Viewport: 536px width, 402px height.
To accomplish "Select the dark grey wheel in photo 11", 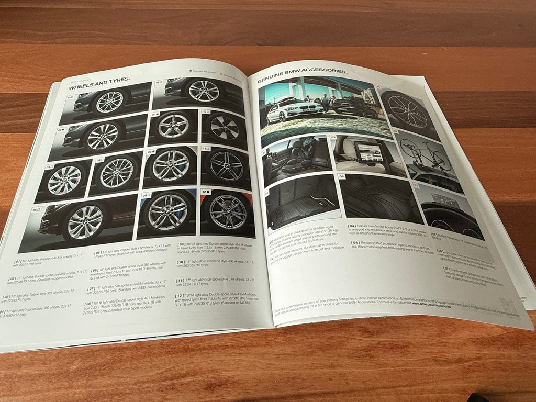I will (x=226, y=166).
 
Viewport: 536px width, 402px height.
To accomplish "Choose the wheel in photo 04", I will (x=116, y=173).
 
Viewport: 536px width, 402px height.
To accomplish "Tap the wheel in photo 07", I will (x=173, y=126).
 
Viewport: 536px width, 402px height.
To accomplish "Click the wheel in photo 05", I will (x=85, y=221).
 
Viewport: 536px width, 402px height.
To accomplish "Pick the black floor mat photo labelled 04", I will (x=378, y=199).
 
